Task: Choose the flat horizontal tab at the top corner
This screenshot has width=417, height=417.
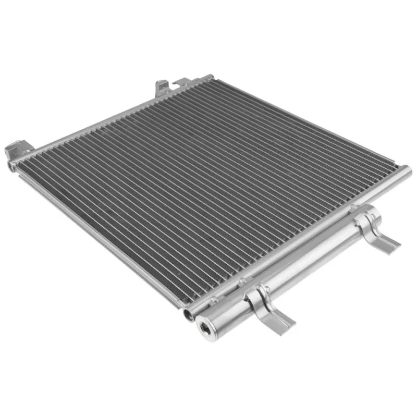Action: coord(183,81)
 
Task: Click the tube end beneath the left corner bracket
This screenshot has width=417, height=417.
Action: coord(11,167)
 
